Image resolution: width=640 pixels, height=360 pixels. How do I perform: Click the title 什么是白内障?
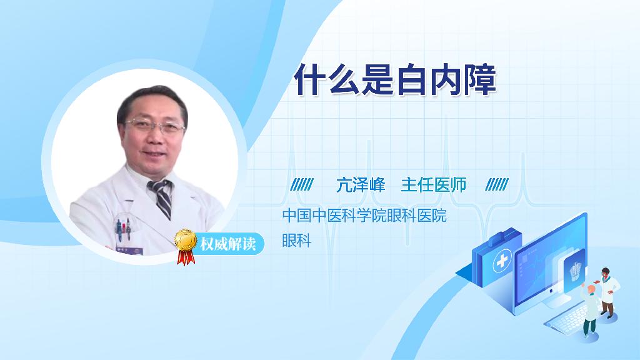[395, 79]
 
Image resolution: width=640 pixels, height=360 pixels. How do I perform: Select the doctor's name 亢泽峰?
[361, 185]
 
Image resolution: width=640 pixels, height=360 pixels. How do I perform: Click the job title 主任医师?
[434, 185]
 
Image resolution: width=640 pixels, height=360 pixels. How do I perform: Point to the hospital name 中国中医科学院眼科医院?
[364, 215]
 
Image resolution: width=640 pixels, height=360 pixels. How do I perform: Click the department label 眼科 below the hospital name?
[297, 240]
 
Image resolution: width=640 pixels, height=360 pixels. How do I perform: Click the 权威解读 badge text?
[227, 244]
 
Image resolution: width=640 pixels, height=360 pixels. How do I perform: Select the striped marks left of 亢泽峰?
[302, 184]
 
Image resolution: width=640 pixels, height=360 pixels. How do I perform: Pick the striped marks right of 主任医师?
[497, 184]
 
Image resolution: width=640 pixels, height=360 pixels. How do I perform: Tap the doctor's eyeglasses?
[156, 126]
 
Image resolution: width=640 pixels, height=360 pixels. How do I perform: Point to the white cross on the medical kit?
[502, 261]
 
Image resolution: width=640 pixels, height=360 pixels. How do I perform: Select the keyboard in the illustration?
[569, 317]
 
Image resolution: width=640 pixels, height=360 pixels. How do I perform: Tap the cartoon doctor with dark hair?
[606, 292]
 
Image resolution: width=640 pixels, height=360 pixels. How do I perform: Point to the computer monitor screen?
[549, 264]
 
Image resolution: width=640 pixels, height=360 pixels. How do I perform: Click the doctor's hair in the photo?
[152, 99]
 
